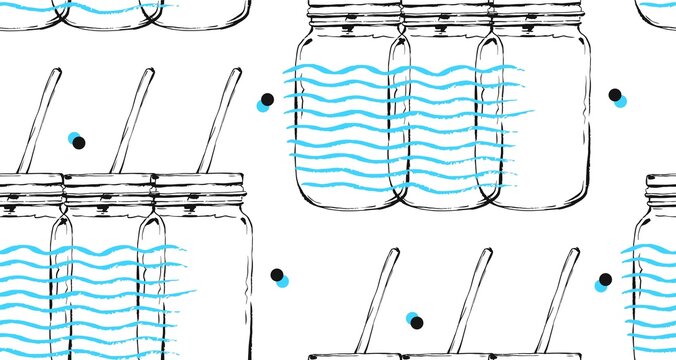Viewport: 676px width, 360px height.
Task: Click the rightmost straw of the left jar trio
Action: point(220,119)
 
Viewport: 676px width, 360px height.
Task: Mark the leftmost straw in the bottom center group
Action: point(379,299)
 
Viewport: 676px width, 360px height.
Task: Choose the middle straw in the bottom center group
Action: point(470,299)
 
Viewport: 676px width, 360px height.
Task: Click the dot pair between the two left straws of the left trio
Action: point(76,140)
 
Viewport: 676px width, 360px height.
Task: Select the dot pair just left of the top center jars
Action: point(265,102)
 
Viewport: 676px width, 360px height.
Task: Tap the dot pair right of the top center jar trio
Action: point(617,97)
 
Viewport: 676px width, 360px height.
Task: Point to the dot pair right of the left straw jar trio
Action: point(279,277)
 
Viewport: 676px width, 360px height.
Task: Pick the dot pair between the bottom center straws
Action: point(414,320)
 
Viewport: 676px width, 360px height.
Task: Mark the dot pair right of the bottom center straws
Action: point(603,282)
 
